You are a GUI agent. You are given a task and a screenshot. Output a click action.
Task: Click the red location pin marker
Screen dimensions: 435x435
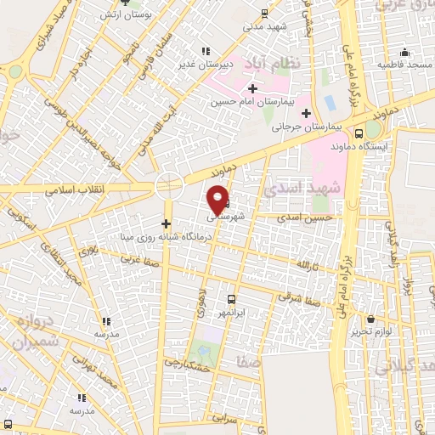coord(218,198)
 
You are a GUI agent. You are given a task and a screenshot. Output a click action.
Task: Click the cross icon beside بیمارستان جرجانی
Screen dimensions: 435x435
coord(306,113)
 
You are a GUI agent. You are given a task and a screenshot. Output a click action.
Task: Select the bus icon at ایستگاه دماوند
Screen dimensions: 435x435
coord(359,133)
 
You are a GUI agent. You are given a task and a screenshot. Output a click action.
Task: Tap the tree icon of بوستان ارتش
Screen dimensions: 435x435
coord(123,3)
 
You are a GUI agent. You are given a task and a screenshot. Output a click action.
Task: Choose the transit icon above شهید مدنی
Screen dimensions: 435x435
coord(264,13)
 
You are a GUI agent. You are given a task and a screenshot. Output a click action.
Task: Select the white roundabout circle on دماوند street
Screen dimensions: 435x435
coord(169,184)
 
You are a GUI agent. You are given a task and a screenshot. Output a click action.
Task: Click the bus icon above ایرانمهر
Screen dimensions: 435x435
coord(230,299)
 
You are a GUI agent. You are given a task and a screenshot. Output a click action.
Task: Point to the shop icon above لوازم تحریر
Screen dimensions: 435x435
coord(370,319)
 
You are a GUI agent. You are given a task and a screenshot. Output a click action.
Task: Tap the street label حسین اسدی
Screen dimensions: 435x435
coord(302,217)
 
